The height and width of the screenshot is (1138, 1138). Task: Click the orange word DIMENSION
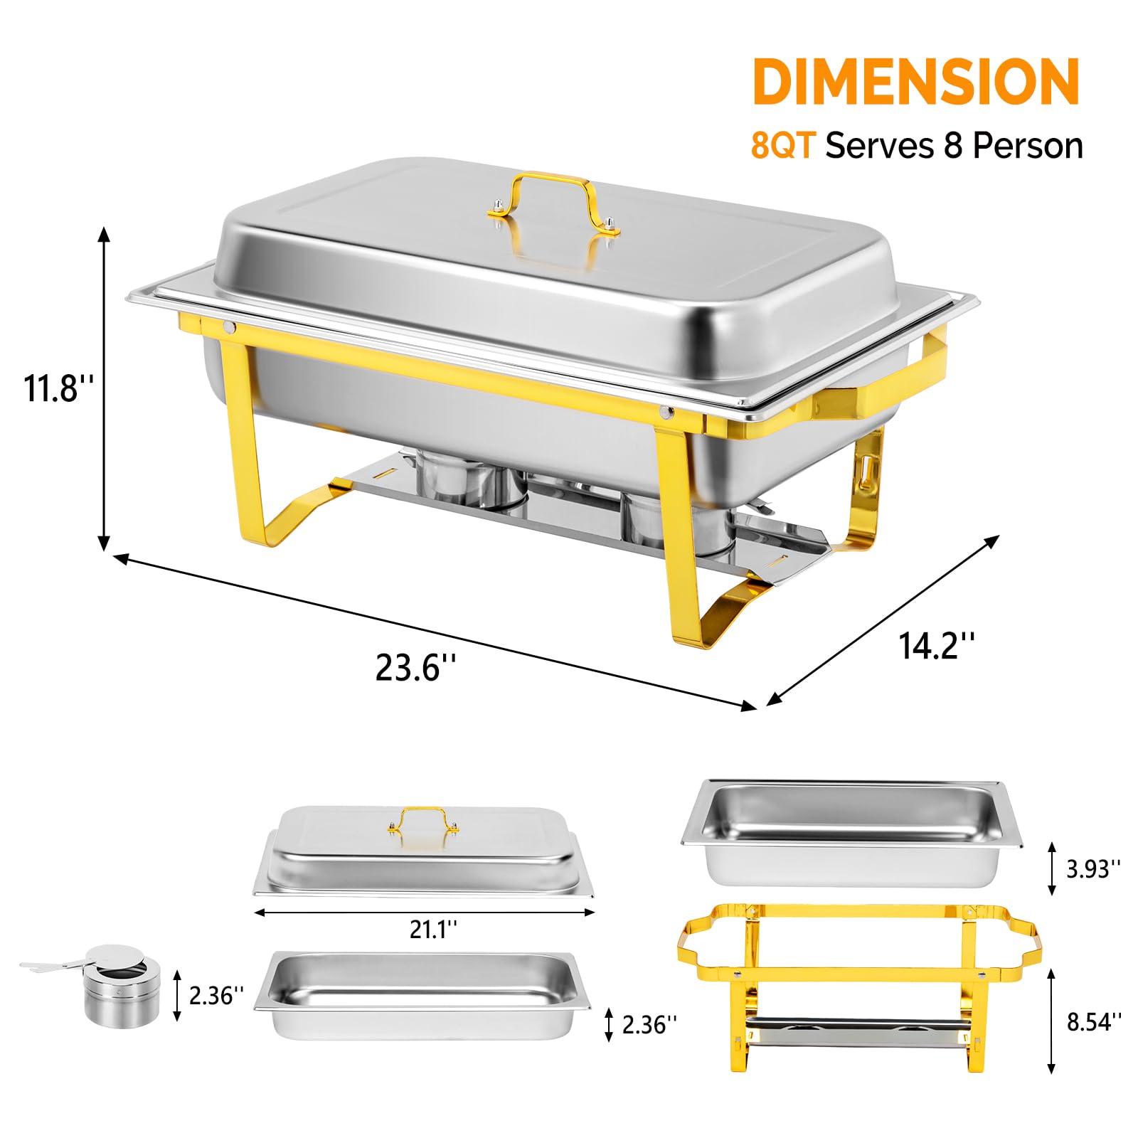point(916,82)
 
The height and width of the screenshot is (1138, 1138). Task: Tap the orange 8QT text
point(782,146)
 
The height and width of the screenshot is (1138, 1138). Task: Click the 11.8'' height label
point(58,388)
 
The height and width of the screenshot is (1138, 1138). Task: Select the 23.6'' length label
point(415,667)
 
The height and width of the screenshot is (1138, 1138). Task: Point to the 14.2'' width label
point(936,646)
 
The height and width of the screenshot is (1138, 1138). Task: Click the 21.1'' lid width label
point(432,929)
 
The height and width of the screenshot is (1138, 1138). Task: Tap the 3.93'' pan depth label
point(1093,869)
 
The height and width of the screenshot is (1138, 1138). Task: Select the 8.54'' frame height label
point(1094,1022)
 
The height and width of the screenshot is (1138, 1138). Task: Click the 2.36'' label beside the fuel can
point(216,995)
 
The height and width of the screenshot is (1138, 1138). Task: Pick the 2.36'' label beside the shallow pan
point(649,1024)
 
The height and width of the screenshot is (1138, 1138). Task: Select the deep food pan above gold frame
point(851,832)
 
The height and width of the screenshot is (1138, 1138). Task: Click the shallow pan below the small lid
point(423,996)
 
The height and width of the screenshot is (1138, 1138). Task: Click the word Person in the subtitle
point(1027,146)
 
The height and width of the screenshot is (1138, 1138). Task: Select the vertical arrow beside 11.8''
point(105,388)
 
